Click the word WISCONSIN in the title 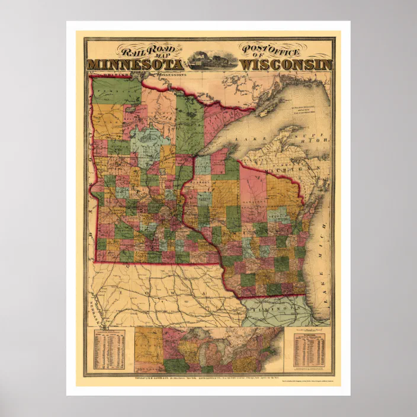pos(287,64)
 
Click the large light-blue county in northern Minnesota pos(145,141)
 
